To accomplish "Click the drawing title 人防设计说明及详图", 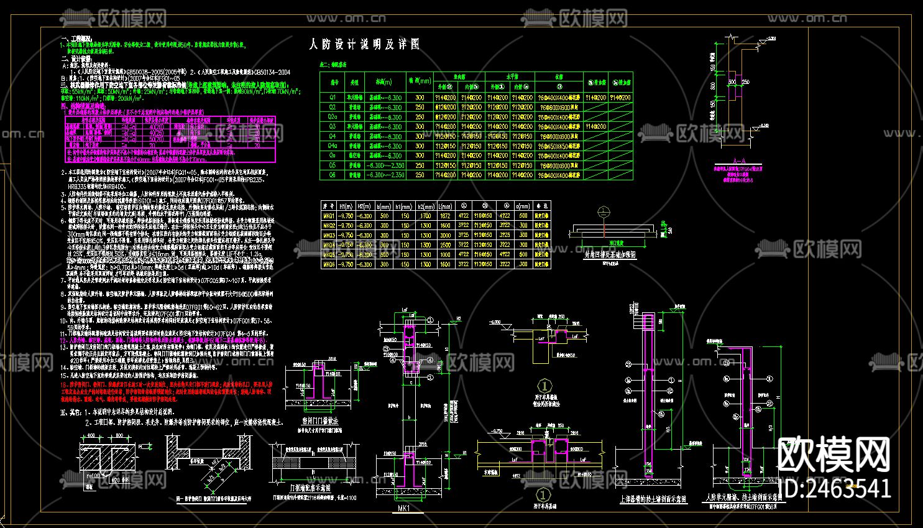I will pos(364,44).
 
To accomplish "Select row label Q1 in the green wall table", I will pos(333,98).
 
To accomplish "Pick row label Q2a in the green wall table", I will pos(333,117).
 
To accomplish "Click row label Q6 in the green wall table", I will pos(333,175).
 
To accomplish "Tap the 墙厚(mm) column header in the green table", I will pos(420,81).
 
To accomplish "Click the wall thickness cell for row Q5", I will pos(420,165).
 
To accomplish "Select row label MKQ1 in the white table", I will pos(329,216).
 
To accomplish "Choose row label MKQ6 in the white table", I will pos(329,264).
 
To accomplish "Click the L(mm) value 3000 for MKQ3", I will pos(445,235).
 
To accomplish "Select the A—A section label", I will pos(739,161).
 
